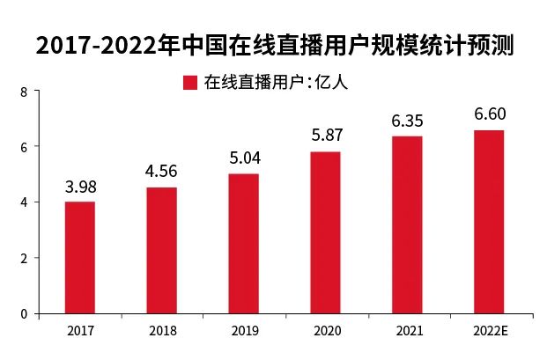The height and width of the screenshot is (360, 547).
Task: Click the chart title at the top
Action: pyautogui.click(x=274, y=45)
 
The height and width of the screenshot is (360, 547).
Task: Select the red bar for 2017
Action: pyautogui.click(x=80, y=257)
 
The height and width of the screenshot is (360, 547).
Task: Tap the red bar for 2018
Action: pyautogui.click(x=161, y=250)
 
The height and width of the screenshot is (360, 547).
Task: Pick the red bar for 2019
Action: pyautogui.click(x=243, y=243)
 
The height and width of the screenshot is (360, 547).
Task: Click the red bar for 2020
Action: pyautogui.click(x=325, y=232)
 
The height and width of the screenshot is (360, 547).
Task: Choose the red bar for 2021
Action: pyautogui.click(x=407, y=224)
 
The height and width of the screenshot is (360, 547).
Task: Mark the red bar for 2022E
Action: pyautogui.click(x=489, y=221)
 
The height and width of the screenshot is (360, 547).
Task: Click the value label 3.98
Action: pyautogui.click(x=80, y=187)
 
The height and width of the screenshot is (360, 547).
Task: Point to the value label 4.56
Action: pyautogui.click(x=161, y=172)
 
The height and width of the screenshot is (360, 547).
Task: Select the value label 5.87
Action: pyautogui.click(x=325, y=136)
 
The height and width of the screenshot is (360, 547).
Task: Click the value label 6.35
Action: pyautogui.click(x=407, y=121)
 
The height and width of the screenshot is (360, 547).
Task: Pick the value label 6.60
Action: pyautogui.click(x=489, y=114)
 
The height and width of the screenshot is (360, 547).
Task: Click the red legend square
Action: pyautogui.click(x=189, y=83)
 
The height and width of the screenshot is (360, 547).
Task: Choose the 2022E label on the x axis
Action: pyautogui.click(x=489, y=331)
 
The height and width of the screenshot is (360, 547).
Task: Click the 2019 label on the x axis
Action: pyautogui.click(x=243, y=331)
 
